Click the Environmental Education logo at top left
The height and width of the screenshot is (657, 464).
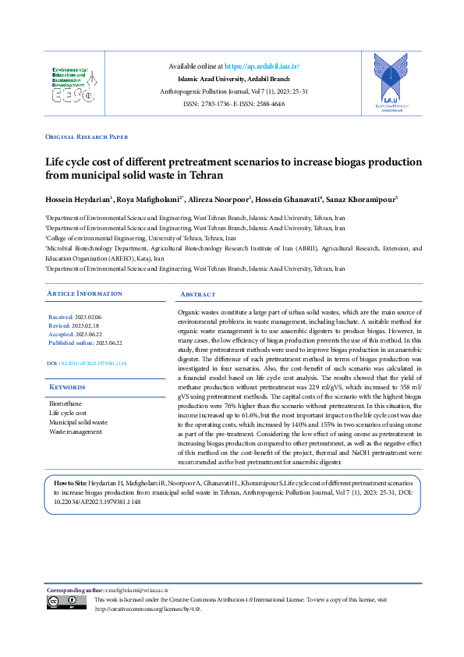74,85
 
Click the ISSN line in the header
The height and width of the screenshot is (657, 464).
234,104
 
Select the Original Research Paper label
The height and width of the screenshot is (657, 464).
87,137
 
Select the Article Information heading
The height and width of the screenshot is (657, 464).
84,293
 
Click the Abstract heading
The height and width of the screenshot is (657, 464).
197,294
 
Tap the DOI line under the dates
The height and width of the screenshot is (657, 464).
87,364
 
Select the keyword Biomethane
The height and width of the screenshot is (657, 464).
66,403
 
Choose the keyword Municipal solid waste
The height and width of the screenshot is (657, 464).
79,422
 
